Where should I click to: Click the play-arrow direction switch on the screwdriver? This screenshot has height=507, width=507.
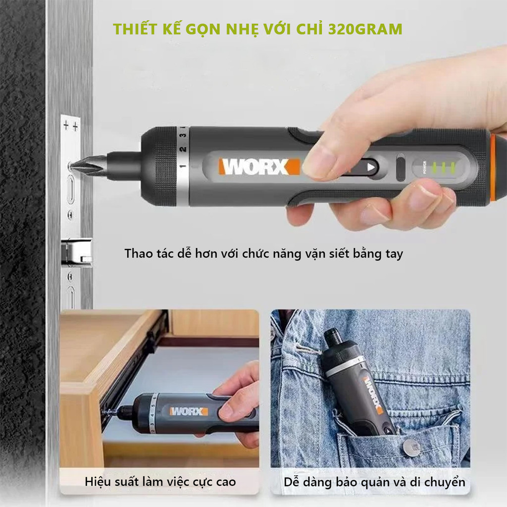(x=370, y=167)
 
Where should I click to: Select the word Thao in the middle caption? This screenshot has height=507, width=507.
(x=138, y=254)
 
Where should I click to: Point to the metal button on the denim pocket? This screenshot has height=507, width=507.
(x=409, y=448)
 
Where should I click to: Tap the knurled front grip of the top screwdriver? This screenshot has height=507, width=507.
(x=158, y=166)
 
